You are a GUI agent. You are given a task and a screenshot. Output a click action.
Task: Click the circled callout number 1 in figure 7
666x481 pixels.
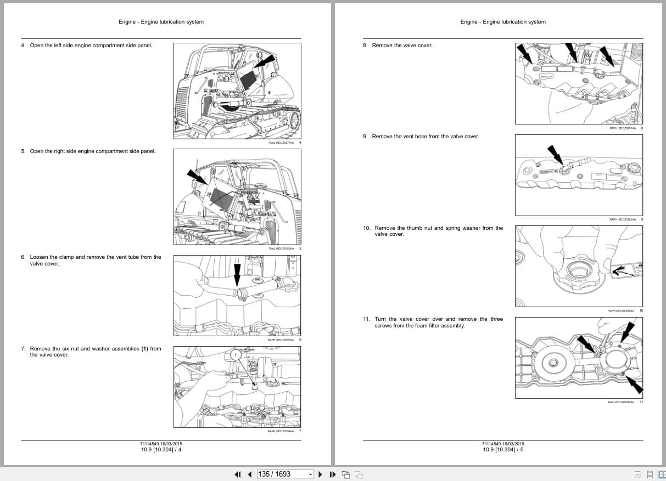click(x=236, y=355)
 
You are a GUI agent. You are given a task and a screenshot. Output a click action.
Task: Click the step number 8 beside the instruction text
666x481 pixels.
click(x=365, y=46)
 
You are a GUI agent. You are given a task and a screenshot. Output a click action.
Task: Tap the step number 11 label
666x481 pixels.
click(x=366, y=319)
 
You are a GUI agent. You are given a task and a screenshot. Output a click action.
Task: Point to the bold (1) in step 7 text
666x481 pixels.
click(x=145, y=348)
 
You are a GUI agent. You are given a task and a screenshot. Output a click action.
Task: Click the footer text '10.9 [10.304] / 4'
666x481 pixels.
click(x=161, y=450)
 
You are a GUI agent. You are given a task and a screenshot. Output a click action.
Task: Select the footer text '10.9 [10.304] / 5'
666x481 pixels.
click(x=503, y=450)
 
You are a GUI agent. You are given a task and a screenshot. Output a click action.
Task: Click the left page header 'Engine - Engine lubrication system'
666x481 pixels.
click(x=161, y=22)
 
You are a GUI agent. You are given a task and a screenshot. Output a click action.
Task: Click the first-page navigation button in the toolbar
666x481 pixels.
click(x=238, y=474)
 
